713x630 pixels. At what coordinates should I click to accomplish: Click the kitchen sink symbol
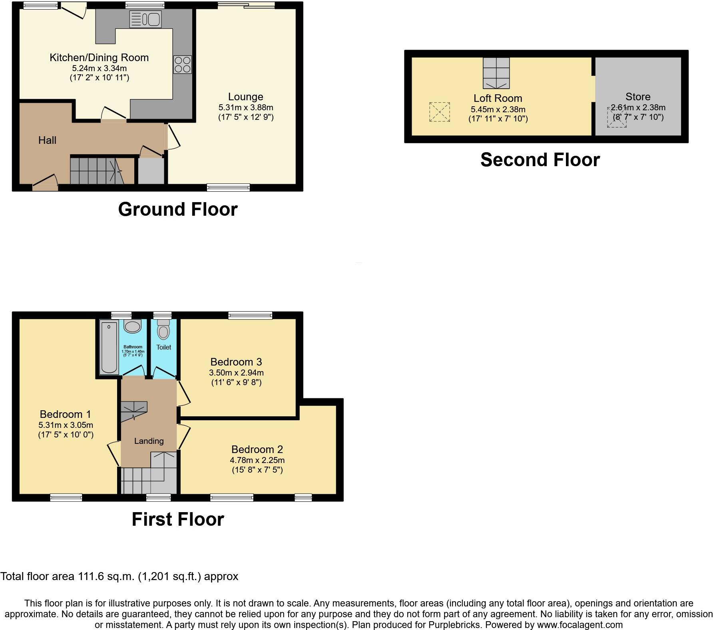[145, 19]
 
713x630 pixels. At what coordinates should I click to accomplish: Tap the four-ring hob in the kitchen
[182, 65]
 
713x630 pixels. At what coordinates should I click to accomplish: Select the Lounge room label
[245, 97]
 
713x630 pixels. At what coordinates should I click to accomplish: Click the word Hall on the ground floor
[47, 140]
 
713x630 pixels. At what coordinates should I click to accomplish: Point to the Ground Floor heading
[177, 209]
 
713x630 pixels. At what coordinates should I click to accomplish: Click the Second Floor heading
[540, 160]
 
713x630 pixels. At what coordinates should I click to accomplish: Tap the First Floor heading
[177, 519]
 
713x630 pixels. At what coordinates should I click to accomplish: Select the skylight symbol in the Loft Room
[439, 112]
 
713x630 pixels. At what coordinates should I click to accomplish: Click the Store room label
[638, 97]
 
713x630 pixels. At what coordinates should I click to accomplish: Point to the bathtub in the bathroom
[109, 348]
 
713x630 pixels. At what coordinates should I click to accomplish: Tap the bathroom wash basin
[132, 326]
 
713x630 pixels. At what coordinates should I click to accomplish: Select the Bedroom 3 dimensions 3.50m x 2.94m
[236, 373]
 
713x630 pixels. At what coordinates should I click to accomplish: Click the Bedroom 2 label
[257, 449]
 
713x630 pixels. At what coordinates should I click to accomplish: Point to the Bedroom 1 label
[66, 414]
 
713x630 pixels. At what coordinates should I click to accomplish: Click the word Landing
[149, 441]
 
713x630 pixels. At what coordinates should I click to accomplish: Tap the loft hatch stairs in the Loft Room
[496, 73]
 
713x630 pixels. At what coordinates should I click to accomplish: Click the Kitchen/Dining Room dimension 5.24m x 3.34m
[99, 68]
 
